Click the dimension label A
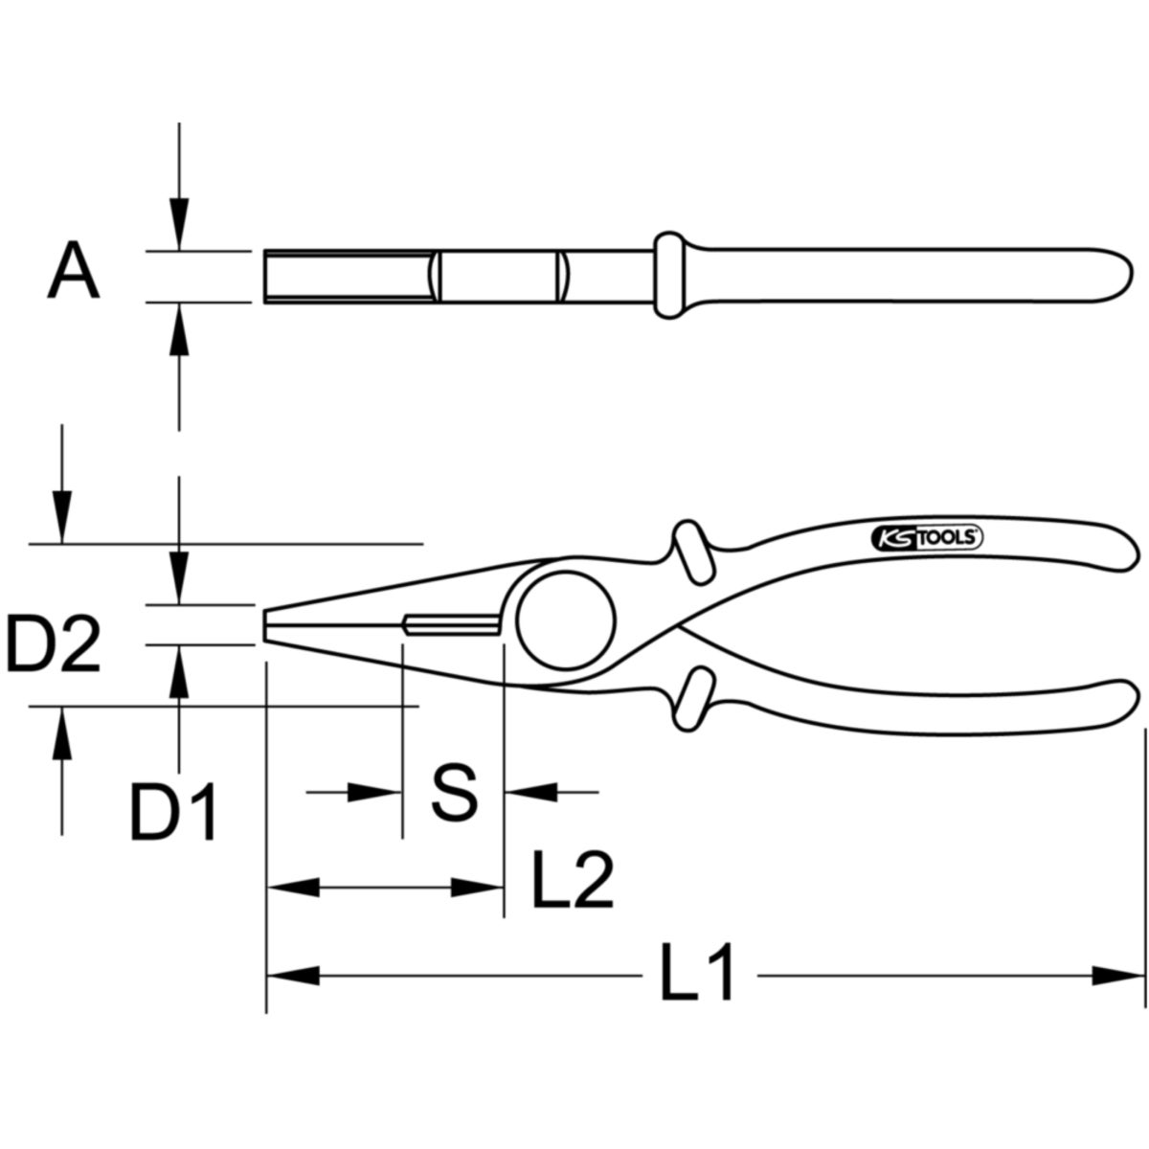pos(74,269)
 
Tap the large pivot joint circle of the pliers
pos(566,620)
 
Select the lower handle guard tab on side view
pos(693,699)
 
